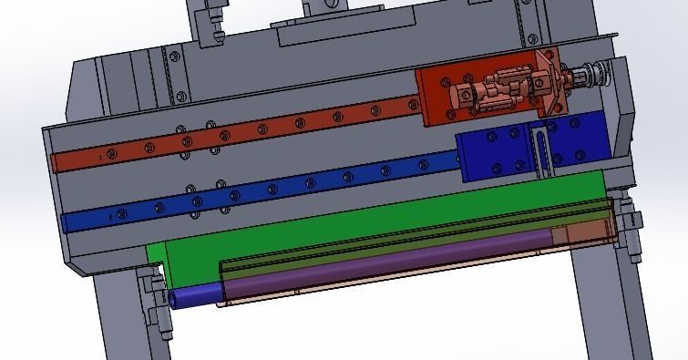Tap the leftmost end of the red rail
pyautogui.click(x=57, y=163)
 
